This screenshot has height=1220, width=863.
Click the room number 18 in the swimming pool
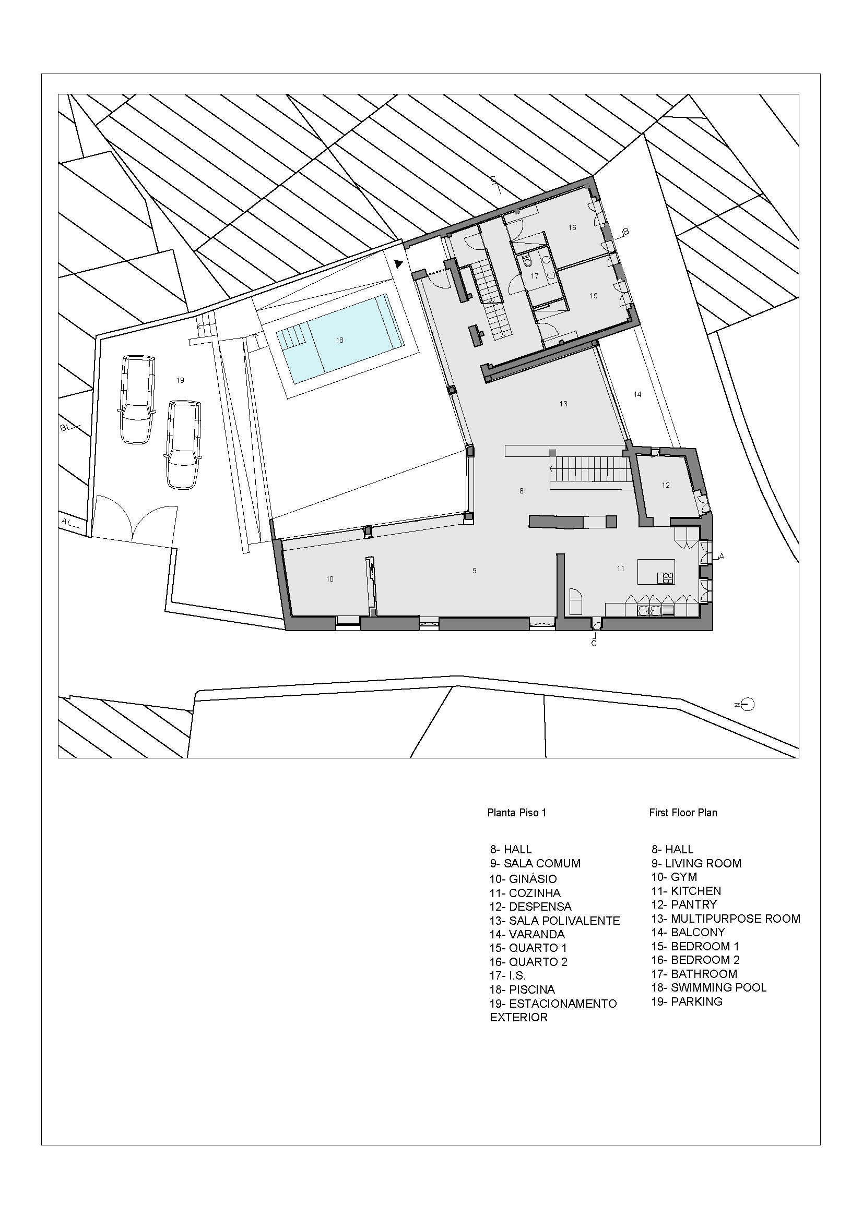(340, 340)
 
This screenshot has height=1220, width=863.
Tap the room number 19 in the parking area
(180, 380)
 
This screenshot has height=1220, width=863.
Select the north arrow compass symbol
(747, 705)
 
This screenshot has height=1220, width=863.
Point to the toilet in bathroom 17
(527, 261)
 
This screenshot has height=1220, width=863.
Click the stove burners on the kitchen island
(665, 577)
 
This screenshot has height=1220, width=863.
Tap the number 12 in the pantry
(666, 485)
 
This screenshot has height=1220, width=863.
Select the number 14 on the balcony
(637, 394)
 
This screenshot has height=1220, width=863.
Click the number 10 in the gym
(329, 579)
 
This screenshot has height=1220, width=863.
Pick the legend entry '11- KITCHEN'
(686, 891)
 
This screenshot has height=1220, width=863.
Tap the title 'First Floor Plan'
(683, 813)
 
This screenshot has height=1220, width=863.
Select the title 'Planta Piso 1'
(516, 813)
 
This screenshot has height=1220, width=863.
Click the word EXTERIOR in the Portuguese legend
(518, 1017)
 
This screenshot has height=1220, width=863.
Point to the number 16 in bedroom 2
(572, 227)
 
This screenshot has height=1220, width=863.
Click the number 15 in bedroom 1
(594, 296)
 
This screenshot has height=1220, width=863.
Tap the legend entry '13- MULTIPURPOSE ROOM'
(725, 919)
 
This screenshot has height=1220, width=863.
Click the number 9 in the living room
(474, 571)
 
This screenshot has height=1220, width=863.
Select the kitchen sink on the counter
(650, 611)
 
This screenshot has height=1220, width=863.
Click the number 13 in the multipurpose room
(563, 404)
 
